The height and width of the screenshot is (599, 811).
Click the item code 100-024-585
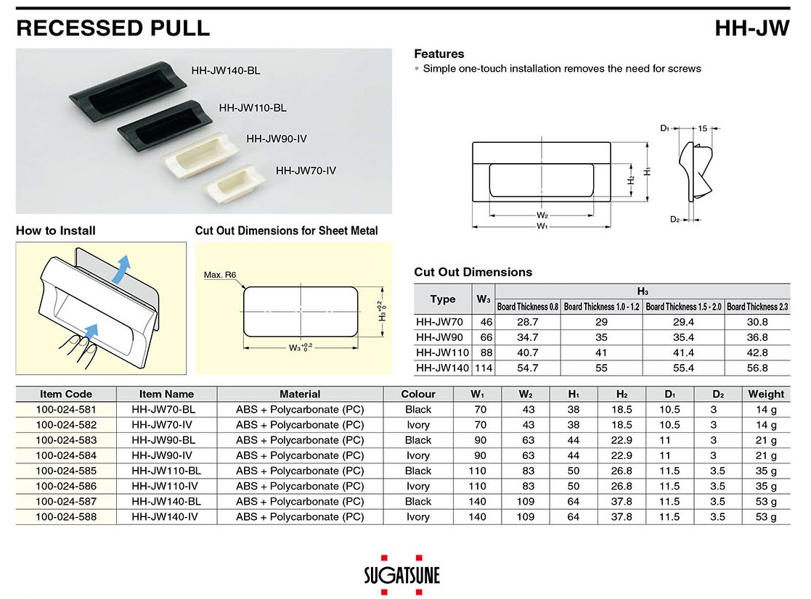coord(66,471)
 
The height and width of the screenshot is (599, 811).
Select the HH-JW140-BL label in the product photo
coord(226,71)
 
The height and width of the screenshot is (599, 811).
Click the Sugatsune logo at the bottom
coord(402,575)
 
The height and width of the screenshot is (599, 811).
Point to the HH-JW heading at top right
coord(752,28)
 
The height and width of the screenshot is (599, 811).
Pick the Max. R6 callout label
coord(220,275)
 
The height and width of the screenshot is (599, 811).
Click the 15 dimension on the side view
coord(702,128)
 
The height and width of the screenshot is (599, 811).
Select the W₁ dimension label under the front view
coord(542,226)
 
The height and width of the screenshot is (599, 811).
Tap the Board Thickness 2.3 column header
coord(757,307)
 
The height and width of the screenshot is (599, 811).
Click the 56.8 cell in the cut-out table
coord(757,368)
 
